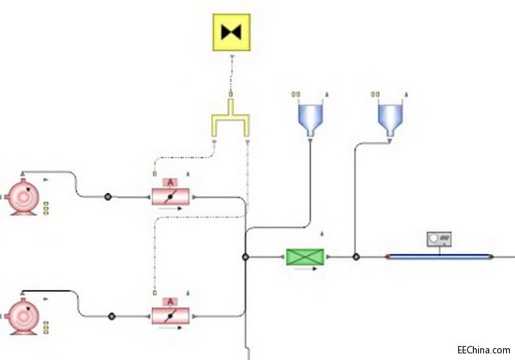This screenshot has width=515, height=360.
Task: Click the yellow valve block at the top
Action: click(x=232, y=32)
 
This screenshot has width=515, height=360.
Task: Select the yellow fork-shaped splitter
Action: click(x=230, y=121)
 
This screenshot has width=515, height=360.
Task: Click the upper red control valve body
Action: click(x=171, y=197)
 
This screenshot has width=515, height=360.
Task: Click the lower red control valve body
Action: click(x=171, y=316)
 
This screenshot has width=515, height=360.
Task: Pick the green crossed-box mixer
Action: click(x=305, y=257)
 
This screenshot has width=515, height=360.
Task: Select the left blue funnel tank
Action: click(x=310, y=117)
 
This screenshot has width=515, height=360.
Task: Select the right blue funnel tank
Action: click(x=390, y=117)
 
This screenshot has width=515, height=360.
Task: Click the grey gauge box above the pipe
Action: click(x=438, y=239)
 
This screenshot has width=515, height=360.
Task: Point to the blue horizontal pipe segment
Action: click(x=439, y=257)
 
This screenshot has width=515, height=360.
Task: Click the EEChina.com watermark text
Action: click(x=483, y=350)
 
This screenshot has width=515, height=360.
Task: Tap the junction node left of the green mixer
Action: click(x=245, y=257)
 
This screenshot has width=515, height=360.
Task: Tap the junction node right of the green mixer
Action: click(x=356, y=257)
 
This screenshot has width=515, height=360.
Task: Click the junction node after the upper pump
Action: click(x=107, y=197)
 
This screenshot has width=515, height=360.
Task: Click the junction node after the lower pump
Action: click(x=112, y=316)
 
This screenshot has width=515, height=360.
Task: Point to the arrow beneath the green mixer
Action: click(x=305, y=269)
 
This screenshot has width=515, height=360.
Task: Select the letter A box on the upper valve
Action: click(x=170, y=182)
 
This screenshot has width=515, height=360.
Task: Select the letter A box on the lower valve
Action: click(x=170, y=302)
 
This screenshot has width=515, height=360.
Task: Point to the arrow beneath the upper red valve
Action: click(x=170, y=208)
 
